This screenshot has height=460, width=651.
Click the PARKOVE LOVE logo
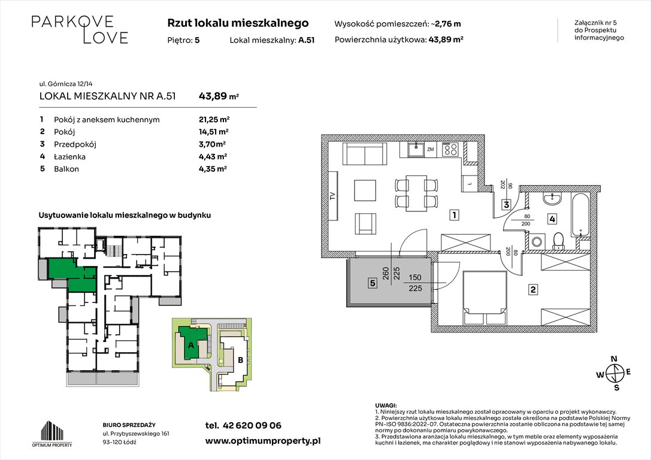pyautogui.click(x=80, y=29)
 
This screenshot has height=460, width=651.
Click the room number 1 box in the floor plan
pyautogui.click(x=456, y=214)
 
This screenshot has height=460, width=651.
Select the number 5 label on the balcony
pyautogui.click(x=372, y=283)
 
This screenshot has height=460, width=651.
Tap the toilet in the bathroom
pyautogui.click(x=558, y=240)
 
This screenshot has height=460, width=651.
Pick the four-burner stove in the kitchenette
pyautogui.click(x=451, y=149)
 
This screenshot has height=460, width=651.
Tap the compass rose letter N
pyautogui.click(x=613, y=359)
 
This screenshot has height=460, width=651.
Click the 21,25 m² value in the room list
pyautogui.click(x=214, y=119)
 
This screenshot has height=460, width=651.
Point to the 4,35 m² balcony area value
pyautogui.click(x=213, y=169)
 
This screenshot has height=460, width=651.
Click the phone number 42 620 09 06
pyautogui.click(x=243, y=426)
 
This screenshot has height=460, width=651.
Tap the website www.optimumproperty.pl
pyautogui.click(x=263, y=440)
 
